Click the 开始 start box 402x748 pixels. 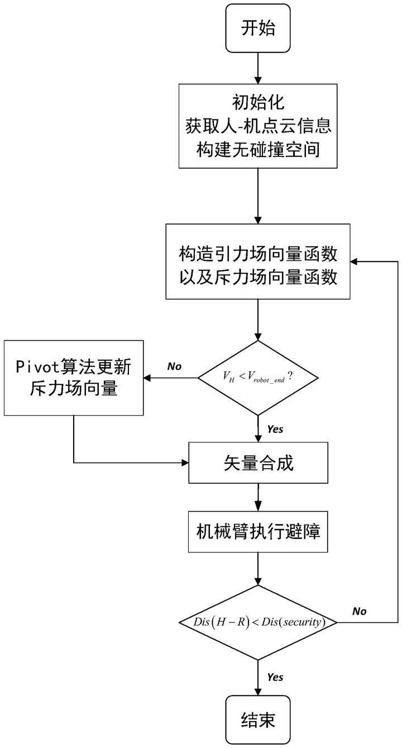coord(257,28)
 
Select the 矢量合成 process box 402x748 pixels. coord(257,463)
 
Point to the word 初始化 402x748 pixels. coord(257,104)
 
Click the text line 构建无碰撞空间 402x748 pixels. coord(257,149)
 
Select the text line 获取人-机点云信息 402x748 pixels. coord(257,127)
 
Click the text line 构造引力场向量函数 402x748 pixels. coord(257,254)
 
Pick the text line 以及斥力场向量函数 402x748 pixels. coord(257,277)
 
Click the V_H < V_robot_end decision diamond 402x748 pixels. coord(257,378)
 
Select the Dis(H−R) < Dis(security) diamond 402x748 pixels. coord(257,622)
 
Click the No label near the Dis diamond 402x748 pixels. coord(359,611)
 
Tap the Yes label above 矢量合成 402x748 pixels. coord(275,430)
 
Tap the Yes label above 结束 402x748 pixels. coord(275,678)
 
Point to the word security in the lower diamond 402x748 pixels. coord(303,622)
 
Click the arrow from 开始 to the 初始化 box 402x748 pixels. coord(257,66)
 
